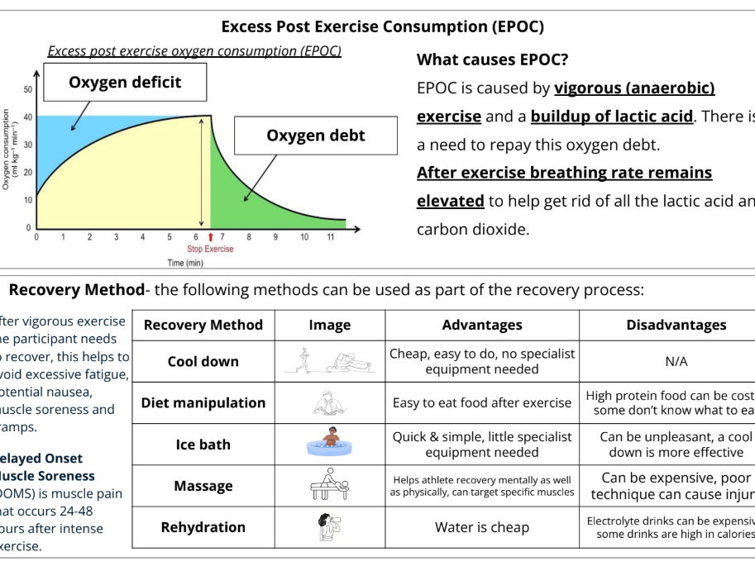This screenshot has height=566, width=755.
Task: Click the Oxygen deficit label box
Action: (x=125, y=83)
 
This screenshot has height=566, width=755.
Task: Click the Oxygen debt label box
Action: (x=315, y=136)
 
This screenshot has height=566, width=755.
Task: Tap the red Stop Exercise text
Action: (x=209, y=249)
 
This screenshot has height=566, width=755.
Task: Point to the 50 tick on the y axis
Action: (x=28, y=89)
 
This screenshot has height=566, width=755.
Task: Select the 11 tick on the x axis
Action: (x=331, y=237)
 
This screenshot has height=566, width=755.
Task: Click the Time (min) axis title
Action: (x=187, y=263)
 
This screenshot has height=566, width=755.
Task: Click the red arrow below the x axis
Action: (x=209, y=237)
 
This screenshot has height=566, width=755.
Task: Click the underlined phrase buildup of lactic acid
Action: (x=611, y=116)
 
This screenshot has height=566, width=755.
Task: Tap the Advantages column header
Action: (x=481, y=325)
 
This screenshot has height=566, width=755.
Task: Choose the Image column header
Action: (x=329, y=325)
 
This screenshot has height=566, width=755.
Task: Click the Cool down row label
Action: (x=203, y=361)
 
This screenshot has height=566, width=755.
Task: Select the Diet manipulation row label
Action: (x=203, y=403)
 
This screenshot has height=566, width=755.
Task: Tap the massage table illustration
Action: (x=329, y=485)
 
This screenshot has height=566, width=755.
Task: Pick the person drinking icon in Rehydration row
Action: (x=328, y=527)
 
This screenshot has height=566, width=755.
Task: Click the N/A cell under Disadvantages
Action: (x=676, y=361)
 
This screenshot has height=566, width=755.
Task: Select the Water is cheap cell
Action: (x=481, y=527)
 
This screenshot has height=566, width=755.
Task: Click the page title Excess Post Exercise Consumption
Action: (x=382, y=26)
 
